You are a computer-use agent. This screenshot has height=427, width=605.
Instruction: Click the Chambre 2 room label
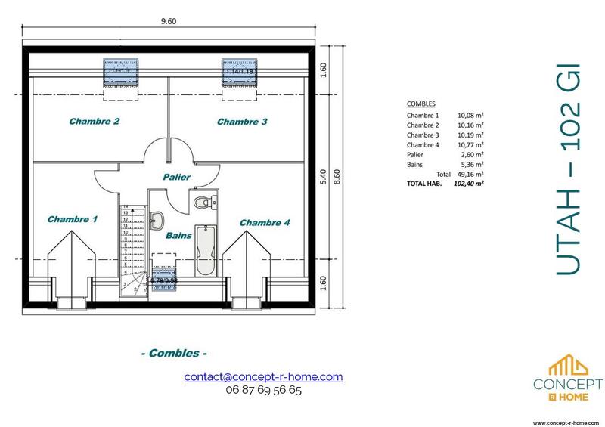click(x=95, y=121)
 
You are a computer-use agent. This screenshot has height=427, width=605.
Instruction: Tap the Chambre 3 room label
click(x=242, y=122)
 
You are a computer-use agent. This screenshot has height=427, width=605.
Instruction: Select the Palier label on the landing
click(x=176, y=177)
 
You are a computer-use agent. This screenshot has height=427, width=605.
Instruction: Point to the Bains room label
click(x=179, y=235)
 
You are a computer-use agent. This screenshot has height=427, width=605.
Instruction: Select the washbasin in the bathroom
click(x=158, y=220)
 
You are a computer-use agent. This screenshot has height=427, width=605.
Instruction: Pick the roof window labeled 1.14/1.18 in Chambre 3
click(x=237, y=71)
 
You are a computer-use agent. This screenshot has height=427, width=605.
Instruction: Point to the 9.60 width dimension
click(x=168, y=22)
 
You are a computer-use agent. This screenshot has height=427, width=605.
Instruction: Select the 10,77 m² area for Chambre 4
click(x=470, y=144)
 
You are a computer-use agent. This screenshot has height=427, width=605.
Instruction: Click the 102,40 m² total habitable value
click(x=469, y=183)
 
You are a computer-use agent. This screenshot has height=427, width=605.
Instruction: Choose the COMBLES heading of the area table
click(x=420, y=104)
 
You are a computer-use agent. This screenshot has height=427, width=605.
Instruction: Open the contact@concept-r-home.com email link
click(x=263, y=376)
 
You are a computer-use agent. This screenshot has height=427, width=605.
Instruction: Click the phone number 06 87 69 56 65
click(x=263, y=391)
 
